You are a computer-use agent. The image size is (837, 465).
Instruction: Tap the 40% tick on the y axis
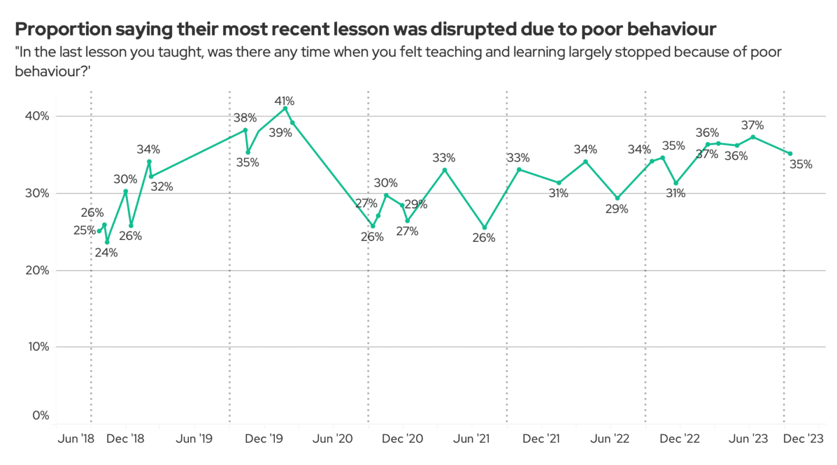click(x=37, y=116)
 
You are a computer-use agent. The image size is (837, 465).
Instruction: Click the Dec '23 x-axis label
click(x=804, y=438)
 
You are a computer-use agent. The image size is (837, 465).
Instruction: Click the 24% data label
click(x=106, y=253)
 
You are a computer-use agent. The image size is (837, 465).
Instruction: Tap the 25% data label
click(x=84, y=231)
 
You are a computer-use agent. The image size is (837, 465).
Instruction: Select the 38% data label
click(x=245, y=118)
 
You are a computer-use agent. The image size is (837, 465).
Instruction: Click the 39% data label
click(x=280, y=133)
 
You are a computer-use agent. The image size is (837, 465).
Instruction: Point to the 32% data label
click(x=162, y=187)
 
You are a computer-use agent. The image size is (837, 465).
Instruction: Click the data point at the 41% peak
click(x=285, y=108)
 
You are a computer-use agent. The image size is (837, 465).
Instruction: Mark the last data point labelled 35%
click(x=790, y=154)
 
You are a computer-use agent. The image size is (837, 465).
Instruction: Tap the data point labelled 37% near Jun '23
click(x=753, y=137)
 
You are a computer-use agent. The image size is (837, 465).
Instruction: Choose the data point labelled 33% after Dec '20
click(x=445, y=170)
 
